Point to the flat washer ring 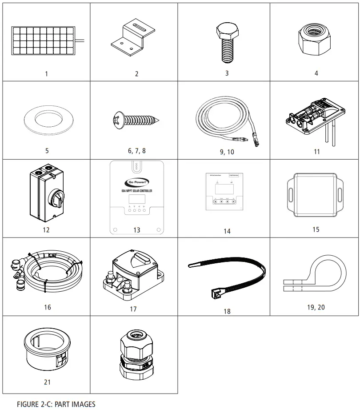(x=47, y=121)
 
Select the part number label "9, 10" (x=227, y=152)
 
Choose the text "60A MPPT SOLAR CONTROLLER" (x=136, y=191)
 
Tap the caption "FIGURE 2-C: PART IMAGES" (x=56, y=404)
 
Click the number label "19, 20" (x=316, y=307)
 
